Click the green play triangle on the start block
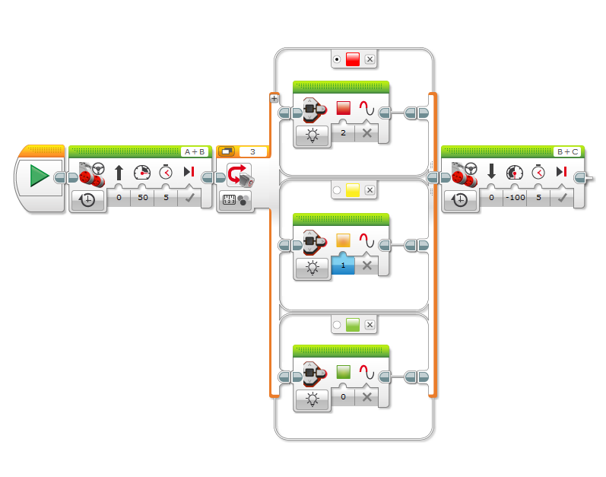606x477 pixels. coord(39,176)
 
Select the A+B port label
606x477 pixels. coord(195,151)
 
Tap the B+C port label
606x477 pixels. coord(567,151)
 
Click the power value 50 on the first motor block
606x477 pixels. coord(143,197)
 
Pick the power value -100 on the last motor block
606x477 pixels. coord(516,197)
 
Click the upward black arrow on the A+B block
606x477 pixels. coord(119,173)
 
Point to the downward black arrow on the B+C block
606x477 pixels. coord(492,171)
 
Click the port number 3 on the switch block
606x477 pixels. coord(252,151)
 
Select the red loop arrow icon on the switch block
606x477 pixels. coord(236,174)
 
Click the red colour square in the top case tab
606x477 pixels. coord(353,59)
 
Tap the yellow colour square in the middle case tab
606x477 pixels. coord(353,189)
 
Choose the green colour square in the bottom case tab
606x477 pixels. coord(353,325)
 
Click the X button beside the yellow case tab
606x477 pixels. coord(370,189)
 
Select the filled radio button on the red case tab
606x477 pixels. coord(337,59)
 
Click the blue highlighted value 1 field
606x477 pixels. coord(343,266)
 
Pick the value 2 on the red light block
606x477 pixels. coord(343,133)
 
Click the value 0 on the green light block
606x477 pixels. coord(343,396)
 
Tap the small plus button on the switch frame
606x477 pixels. coord(274,99)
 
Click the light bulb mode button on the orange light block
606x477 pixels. coord(313,267)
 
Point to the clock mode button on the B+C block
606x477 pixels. coord(460,200)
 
